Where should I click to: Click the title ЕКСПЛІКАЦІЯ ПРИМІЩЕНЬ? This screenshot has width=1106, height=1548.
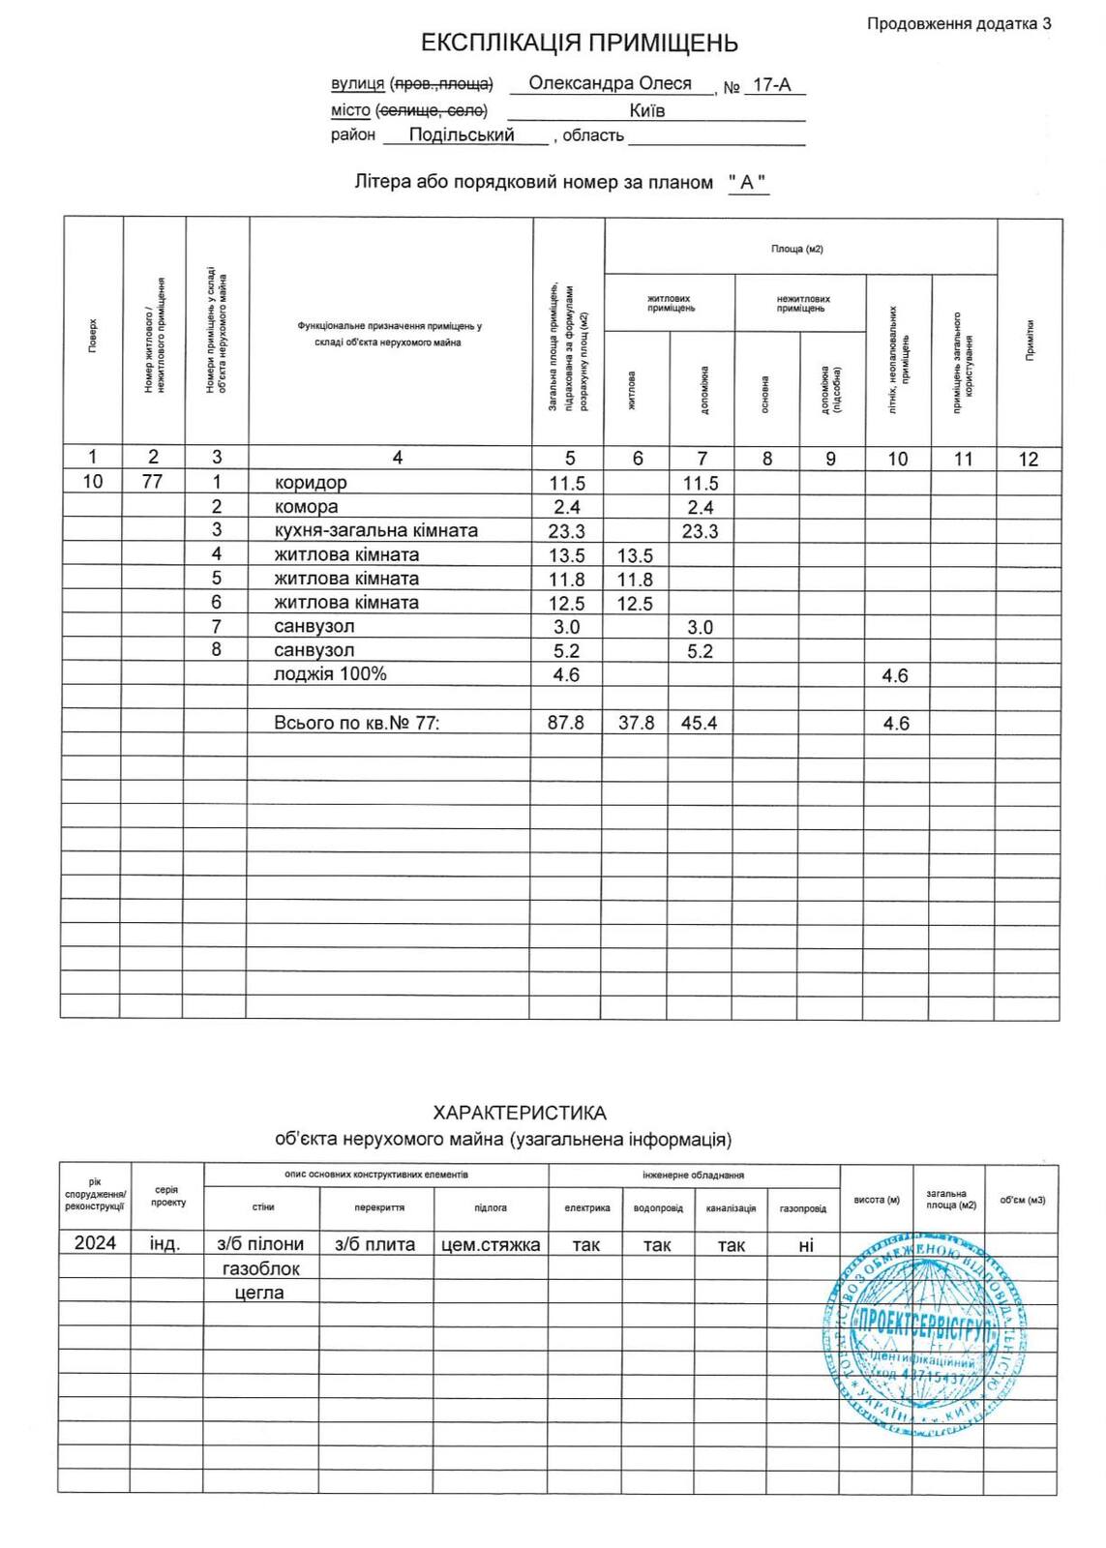point(579,44)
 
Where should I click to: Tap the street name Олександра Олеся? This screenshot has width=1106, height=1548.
point(610,84)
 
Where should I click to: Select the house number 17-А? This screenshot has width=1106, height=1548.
point(771,85)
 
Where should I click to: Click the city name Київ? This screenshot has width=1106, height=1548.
point(646,110)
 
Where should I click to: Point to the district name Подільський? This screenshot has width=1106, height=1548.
point(462,135)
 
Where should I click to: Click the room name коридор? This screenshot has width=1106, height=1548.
point(310,483)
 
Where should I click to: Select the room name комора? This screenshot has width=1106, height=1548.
point(306,507)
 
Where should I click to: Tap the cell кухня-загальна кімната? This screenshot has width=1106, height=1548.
point(375,531)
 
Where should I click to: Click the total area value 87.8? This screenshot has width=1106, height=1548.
point(566,723)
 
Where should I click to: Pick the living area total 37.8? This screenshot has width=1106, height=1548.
point(636,723)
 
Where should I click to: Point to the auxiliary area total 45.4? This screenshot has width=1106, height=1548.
point(700,723)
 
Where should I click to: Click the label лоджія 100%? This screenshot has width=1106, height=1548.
point(330,674)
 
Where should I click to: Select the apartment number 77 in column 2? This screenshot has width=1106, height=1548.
point(152,482)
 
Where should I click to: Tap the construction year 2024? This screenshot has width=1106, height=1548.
point(95,1243)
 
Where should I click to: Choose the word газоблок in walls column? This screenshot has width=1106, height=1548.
point(261,1268)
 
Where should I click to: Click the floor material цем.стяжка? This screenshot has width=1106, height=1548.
point(491,1244)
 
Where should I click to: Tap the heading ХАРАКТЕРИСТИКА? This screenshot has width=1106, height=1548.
point(520,1113)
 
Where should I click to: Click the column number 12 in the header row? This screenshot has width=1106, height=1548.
point(1028,459)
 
